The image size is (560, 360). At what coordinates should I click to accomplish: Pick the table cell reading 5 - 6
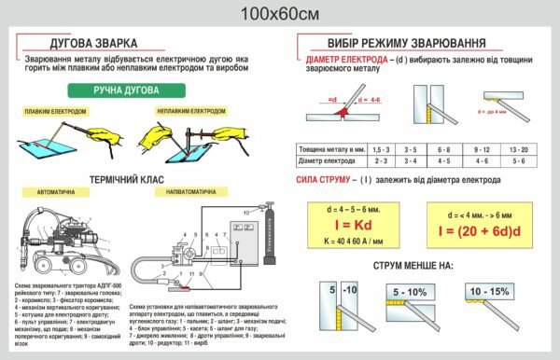click(518, 161)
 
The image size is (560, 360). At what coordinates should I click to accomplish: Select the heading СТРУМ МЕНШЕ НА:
click(413, 266)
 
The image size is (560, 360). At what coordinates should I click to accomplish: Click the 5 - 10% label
click(412, 292)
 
